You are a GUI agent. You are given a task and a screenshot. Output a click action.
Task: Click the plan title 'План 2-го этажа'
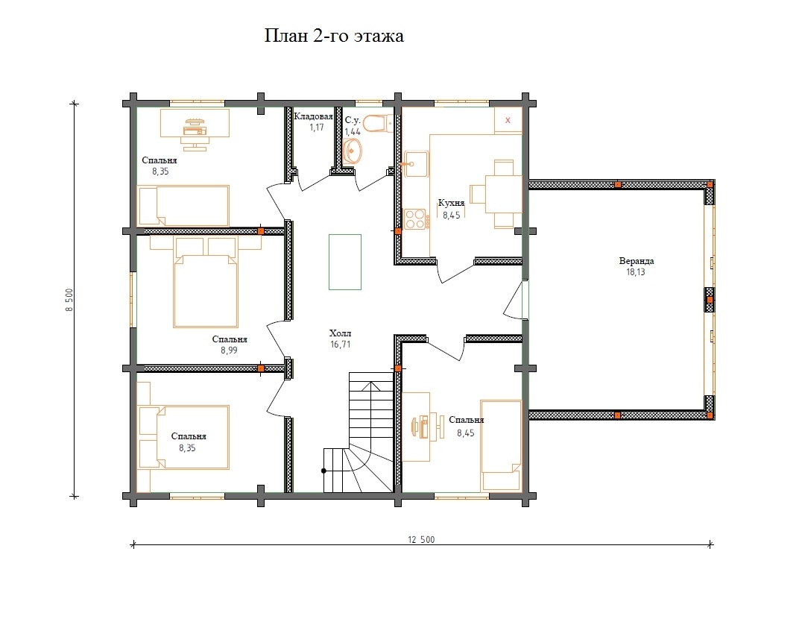tap(334, 36)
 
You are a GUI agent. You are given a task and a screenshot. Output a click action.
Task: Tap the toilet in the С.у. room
tap(378, 123)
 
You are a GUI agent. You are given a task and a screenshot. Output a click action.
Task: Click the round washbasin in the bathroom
tap(352, 151)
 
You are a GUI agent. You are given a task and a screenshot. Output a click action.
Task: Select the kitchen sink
tap(416, 164)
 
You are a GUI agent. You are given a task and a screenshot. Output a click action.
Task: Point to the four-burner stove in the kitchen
tap(415, 219)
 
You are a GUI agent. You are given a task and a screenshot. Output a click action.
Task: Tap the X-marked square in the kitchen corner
tap(508, 120)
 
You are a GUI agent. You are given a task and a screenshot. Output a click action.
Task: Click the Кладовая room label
tap(313, 116)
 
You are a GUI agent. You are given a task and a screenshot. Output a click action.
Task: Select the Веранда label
tap(636, 261)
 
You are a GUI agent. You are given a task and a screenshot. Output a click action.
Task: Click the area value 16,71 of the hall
tap(341, 344)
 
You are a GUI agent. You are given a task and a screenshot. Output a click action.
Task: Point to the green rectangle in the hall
tap(345, 262)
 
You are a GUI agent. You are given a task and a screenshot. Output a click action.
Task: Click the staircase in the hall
tap(359, 433)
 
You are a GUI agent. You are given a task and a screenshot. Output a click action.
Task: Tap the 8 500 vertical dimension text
tap(69, 300)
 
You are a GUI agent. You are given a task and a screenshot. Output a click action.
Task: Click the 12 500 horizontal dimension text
tap(421, 539)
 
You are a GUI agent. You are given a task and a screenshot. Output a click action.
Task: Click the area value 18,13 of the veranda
tap(636, 272)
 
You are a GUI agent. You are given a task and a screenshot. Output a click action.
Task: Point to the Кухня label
tap(451, 203)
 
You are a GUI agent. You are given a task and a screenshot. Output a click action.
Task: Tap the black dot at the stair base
tap(323, 471)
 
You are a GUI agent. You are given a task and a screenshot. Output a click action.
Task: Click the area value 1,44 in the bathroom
tap(353, 132)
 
